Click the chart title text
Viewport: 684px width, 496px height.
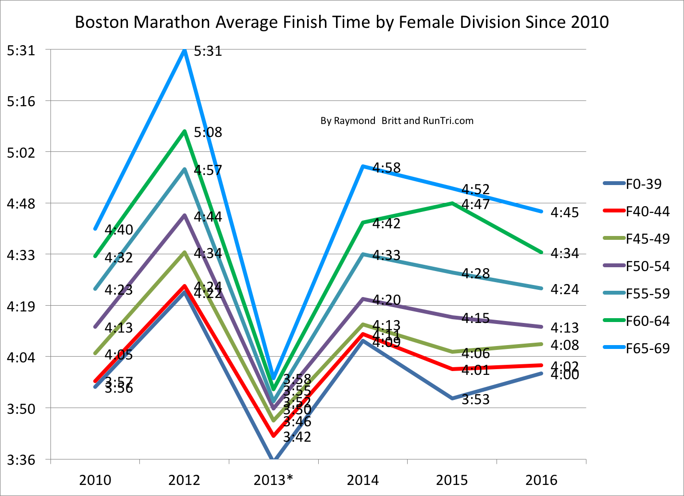click(342, 22)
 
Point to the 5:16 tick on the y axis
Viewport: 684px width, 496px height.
click(21, 101)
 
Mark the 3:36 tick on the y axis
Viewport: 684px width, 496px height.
click(21, 460)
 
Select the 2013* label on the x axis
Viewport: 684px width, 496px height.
click(273, 480)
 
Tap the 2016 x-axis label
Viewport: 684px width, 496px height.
click(541, 480)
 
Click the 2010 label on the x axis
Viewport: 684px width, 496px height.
click(95, 480)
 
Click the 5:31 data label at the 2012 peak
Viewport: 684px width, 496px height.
click(208, 51)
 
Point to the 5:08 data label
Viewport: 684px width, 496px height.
click(208, 132)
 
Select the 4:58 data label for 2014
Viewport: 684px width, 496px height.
click(386, 168)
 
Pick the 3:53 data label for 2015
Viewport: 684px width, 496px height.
click(475, 399)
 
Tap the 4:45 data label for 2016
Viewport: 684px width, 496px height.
click(564, 212)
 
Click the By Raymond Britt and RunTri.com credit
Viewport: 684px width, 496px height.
click(397, 121)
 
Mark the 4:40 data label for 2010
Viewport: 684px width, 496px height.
click(119, 230)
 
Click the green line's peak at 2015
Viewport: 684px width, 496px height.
click(452, 203)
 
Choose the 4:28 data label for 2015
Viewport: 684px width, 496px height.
click(475, 273)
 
